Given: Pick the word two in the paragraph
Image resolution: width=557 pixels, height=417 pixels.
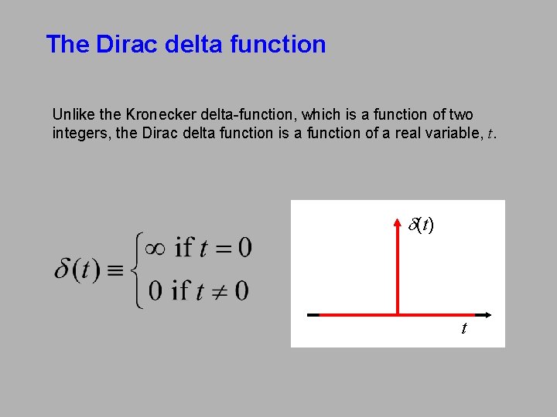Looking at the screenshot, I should pyautogui.click(x=461, y=114).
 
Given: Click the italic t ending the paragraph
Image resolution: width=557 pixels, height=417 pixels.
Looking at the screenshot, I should pyautogui.click(x=490, y=134).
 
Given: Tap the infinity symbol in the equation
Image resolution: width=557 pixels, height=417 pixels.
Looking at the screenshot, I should pyautogui.click(x=155, y=248).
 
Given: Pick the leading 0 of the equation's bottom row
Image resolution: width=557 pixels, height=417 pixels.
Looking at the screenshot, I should pyautogui.click(x=155, y=290).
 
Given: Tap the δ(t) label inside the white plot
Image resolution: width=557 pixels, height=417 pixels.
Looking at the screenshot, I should pyautogui.click(x=421, y=225).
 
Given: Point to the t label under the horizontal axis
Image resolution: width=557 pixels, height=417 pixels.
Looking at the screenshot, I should pyautogui.click(x=463, y=330).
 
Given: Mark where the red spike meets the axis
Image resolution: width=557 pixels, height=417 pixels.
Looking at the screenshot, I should pyautogui.click(x=397, y=315).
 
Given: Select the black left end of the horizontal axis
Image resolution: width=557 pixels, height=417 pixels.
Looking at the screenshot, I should pyautogui.click(x=313, y=315).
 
